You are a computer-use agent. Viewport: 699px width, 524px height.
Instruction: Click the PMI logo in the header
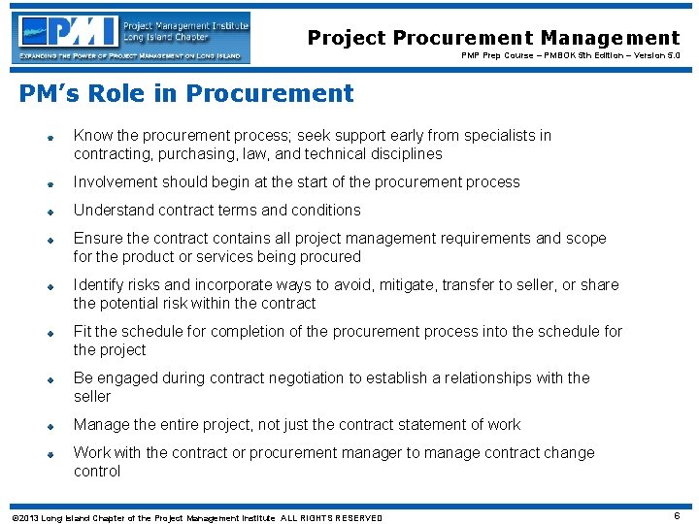click(x=132, y=38)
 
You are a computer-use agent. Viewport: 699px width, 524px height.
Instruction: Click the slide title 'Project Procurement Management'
click(x=493, y=38)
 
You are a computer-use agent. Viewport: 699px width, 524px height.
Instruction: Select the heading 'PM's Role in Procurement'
click(x=186, y=94)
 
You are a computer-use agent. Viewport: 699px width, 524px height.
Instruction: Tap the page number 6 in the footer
click(x=676, y=516)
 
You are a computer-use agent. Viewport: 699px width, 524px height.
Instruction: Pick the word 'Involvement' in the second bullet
click(x=116, y=182)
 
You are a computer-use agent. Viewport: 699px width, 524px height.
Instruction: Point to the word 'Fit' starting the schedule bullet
click(x=83, y=332)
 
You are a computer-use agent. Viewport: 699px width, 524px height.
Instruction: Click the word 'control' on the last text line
click(x=97, y=472)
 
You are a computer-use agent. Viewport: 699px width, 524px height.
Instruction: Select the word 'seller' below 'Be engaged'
click(x=92, y=397)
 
